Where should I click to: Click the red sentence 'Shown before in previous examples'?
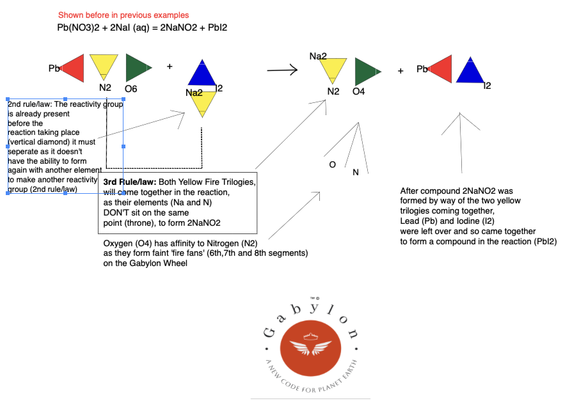tap(123, 15)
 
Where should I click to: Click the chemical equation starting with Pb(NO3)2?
tap(142, 28)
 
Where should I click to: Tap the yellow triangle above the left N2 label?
tap(104, 65)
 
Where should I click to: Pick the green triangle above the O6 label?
tap(137, 67)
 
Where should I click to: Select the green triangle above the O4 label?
tap(366, 71)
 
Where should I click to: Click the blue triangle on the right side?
tap(470, 72)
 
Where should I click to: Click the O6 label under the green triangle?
tap(131, 90)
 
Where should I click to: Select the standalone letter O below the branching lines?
tap(332, 165)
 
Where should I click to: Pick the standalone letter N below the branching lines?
tap(355, 172)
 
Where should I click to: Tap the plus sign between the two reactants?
tap(170, 66)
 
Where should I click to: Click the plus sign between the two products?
tap(401, 71)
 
